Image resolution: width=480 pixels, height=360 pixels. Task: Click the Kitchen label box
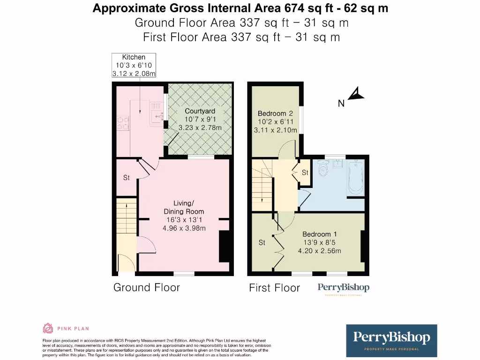(x=134, y=66)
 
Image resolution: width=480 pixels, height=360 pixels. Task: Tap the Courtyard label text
(x=200, y=119)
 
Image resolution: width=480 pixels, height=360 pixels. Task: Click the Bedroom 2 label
(x=275, y=121)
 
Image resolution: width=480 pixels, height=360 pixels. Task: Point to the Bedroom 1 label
(x=319, y=242)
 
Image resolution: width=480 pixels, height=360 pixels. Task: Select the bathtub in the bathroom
(x=355, y=178)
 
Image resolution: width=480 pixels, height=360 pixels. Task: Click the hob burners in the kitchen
(x=123, y=123)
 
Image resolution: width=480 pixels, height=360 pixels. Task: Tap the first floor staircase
(x=262, y=183)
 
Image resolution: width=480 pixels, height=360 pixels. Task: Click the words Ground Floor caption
(x=146, y=287)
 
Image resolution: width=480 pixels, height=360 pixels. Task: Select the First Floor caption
(x=274, y=288)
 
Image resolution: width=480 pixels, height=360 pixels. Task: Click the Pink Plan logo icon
(x=48, y=328)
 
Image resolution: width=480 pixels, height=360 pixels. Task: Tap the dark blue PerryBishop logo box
(x=391, y=340)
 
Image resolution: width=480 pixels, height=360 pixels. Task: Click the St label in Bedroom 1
(x=262, y=243)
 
